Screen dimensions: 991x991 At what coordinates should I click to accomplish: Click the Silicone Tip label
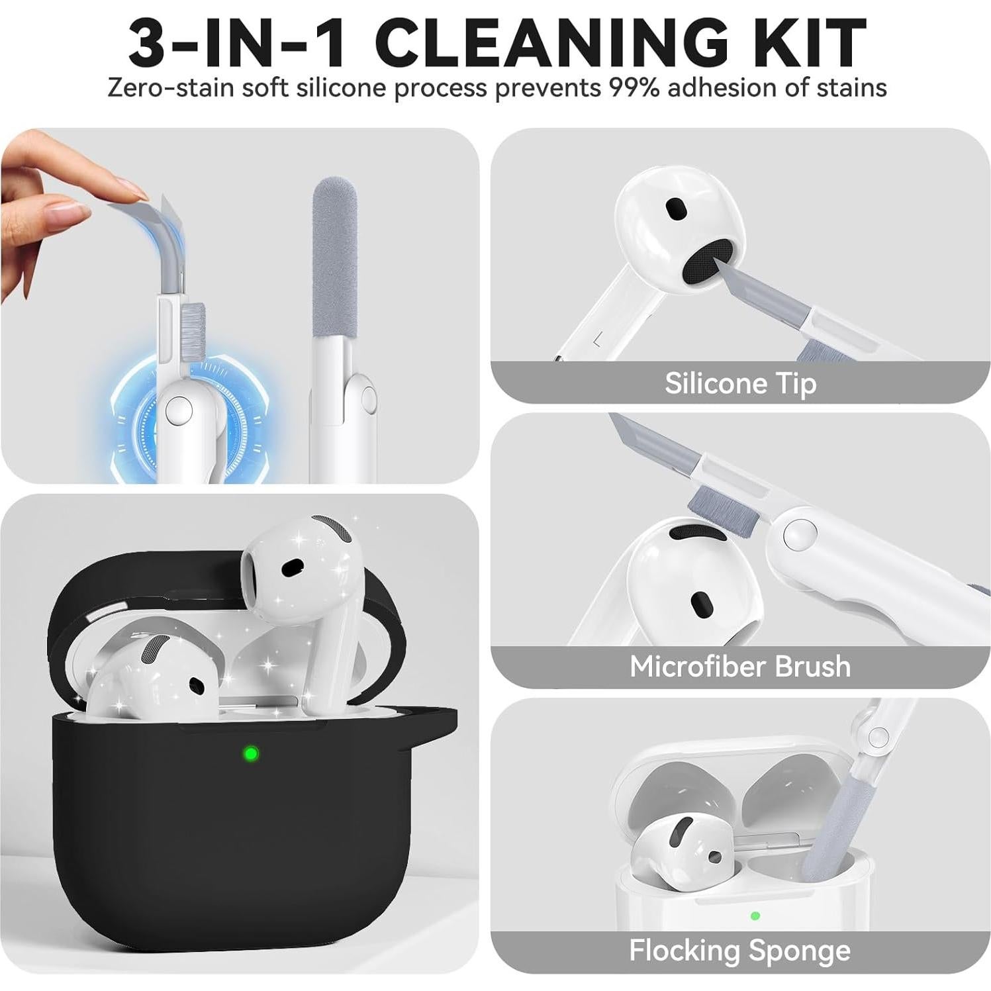pyautogui.click(x=740, y=383)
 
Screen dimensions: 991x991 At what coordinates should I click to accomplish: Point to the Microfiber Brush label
pyautogui.click(x=740, y=667)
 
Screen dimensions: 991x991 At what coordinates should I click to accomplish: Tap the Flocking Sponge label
pyautogui.click(x=739, y=951)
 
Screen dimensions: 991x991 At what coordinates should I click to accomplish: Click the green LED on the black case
pyautogui.click(x=251, y=753)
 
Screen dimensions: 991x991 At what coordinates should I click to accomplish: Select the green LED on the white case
pyautogui.click(x=755, y=916)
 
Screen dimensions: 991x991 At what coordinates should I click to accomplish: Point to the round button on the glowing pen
pyautogui.click(x=178, y=410)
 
